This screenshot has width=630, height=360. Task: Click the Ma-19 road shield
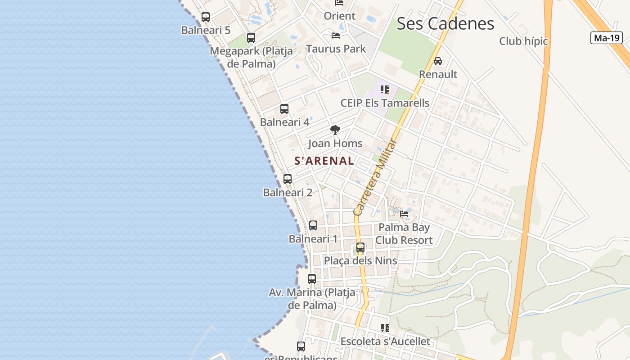606,38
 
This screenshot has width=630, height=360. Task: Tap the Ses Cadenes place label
445,23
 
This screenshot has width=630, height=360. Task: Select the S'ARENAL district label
324,161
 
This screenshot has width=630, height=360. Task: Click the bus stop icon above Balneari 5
206,17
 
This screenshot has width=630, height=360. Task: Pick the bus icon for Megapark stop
251,38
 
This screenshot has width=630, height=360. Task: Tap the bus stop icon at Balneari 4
284,109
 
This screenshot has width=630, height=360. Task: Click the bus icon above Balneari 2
288,179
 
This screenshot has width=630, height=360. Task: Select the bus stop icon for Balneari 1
313,225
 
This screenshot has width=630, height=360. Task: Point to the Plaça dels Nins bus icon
360,247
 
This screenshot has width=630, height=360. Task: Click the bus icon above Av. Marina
312,279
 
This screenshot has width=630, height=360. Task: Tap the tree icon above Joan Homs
335,130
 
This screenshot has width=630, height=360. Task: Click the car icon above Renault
438,61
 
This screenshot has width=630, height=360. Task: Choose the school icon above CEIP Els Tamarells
384,90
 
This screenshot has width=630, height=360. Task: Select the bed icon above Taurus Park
336,35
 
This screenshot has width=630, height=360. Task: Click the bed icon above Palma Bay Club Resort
404,214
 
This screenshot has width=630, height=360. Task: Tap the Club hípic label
523,41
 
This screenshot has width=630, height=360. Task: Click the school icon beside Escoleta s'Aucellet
385,328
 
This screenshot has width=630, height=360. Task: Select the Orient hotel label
340,16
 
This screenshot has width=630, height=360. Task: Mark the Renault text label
438,74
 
